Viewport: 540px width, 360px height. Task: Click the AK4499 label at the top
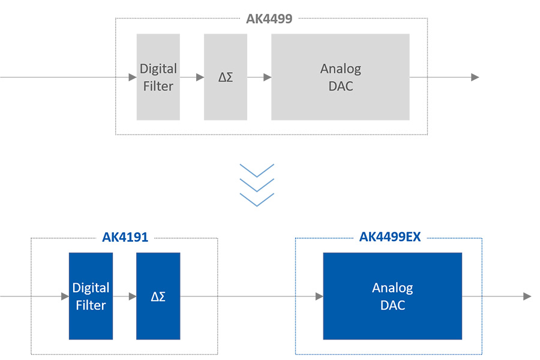coord(269,18)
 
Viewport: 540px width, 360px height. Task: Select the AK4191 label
coord(125,237)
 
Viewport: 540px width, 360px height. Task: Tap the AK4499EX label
coord(389,237)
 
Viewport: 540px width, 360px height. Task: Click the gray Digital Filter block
coord(158,77)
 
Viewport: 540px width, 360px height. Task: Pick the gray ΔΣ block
coord(225,77)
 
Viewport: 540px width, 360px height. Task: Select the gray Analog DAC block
coord(340,77)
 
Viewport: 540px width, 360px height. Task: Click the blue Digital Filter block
coord(91,296)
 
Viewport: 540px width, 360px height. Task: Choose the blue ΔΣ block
coord(158,296)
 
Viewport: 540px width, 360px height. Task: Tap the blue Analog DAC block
coord(392,296)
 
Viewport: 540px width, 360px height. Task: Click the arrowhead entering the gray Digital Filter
coord(133,77)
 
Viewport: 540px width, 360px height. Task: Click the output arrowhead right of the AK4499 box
coord(475,77)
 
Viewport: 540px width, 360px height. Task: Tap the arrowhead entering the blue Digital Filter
coord(65,296)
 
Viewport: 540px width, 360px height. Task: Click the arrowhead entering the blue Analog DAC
coord(319,296)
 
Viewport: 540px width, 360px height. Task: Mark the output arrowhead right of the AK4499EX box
coord(527,296)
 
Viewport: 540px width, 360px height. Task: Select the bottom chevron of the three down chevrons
coord(257,200)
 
